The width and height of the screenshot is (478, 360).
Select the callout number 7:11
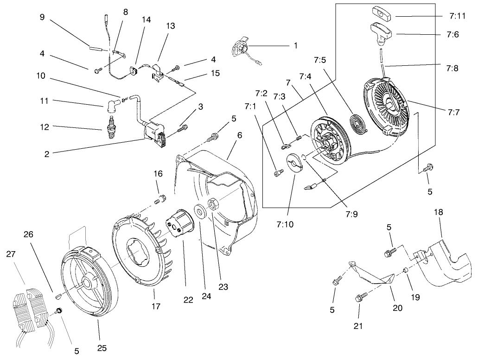click(458, 15)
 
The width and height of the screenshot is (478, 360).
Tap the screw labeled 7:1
click(278, 172)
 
